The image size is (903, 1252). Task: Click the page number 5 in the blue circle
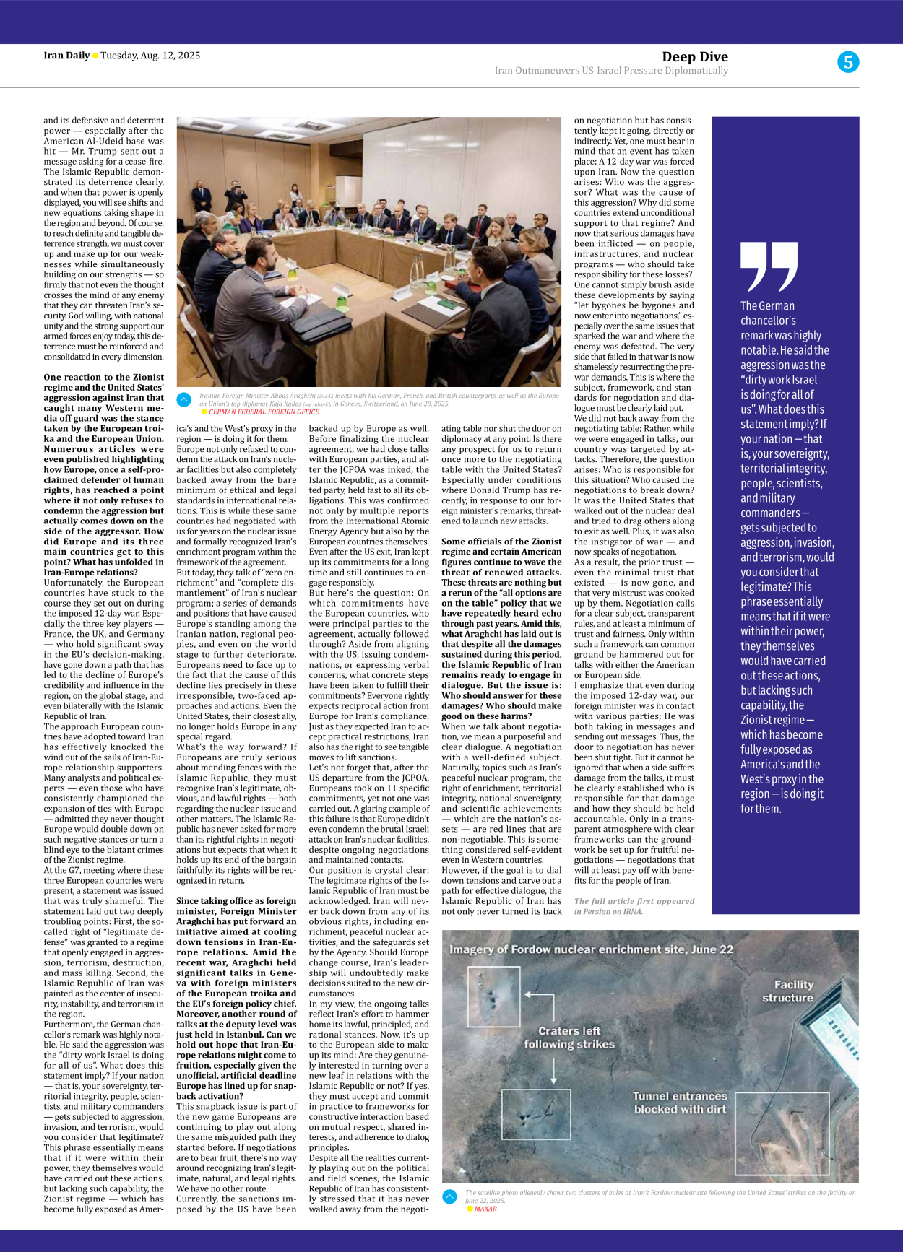tap(848, 62)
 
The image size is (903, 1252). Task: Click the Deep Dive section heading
tap(694, 57)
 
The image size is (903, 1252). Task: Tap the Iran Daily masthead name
tap(66, 56)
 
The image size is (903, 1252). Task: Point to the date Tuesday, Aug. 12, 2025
tap(150, 56)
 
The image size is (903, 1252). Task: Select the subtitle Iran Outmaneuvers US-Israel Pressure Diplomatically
tap(611, 71)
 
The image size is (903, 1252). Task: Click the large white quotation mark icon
tap(769, 266)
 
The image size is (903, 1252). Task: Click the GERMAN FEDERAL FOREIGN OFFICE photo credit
tap(264, 412)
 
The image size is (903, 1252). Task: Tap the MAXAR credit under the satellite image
tap(485, 1209)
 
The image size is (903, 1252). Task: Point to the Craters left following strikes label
tap(569, 1037)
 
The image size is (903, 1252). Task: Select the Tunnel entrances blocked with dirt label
tap(680, 1103)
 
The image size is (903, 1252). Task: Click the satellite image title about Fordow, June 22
tap(591, 949)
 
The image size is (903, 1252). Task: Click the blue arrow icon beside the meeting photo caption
tap(184, 399)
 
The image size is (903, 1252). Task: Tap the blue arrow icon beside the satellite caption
tap(449, 1196)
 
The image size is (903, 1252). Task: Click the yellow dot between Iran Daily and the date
tap(95, 56)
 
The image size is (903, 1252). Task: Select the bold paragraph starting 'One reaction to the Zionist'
tap(104, 474)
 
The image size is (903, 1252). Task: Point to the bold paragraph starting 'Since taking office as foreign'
tap(236, 998)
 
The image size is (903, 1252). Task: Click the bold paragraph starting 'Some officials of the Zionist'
tap(501, 628)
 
